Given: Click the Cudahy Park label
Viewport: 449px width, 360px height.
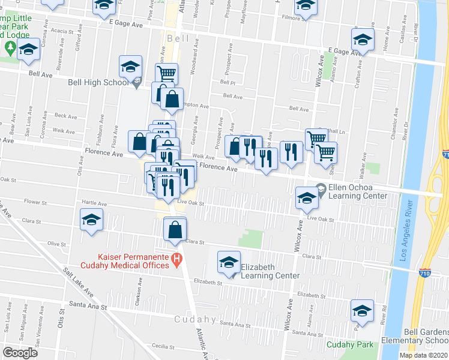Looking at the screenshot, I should click(x=350, y=344).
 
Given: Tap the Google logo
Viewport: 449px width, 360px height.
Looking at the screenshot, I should click(x=20, y=353).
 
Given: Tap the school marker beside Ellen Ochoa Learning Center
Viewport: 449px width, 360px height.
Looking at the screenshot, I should click(x=306, y=198).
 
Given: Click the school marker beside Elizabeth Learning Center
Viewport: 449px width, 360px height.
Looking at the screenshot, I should click(x=228, y=262).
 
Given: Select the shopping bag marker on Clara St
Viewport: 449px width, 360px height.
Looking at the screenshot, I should click(x=175, y=229).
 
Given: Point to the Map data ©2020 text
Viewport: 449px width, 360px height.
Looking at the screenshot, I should click(x=423, y=355).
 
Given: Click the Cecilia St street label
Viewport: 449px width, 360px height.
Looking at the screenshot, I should click(x=163, y=346).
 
